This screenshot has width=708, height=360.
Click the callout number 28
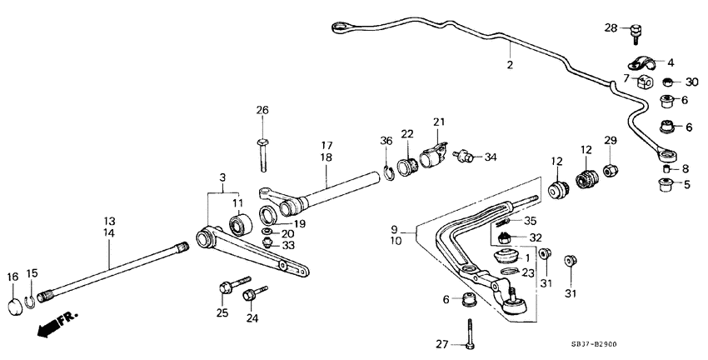611,29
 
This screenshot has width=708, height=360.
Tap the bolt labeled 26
262,153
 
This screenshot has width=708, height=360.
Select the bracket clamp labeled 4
640,62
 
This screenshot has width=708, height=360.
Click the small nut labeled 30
668,82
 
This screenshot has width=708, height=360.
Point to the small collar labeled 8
667,168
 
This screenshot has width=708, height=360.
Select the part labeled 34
466,156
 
